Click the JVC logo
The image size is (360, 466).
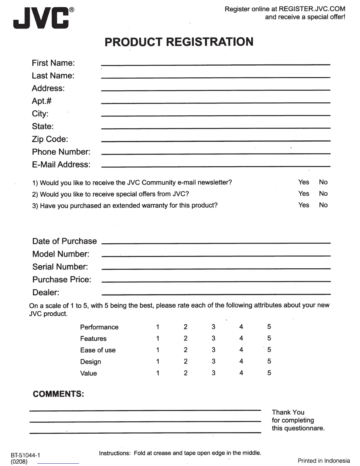coord(41,18)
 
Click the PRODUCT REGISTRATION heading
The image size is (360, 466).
coord(179,42)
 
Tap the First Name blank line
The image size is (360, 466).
coord(215,64)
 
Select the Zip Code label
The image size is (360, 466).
coord(50,139)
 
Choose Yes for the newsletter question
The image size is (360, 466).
coord(304,182)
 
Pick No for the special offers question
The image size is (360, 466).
coord(323,194)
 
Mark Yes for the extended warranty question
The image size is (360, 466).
coord(304,205)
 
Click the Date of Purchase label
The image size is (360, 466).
coord(64,241)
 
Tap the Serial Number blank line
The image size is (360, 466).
coord(216,268)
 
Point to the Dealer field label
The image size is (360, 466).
coord(46,292)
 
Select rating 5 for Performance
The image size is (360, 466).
coord(269,327)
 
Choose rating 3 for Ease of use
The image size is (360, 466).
coord(213,350)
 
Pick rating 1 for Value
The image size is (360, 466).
coord(158,373)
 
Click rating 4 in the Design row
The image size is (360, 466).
coord(241,361)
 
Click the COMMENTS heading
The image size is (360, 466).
coord(58,394)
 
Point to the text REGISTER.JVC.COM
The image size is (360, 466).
coord(312,9)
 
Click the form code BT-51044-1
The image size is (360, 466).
coord(25,455)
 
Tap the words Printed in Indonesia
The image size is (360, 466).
coord(324,461)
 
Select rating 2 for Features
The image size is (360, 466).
coord(185,338)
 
